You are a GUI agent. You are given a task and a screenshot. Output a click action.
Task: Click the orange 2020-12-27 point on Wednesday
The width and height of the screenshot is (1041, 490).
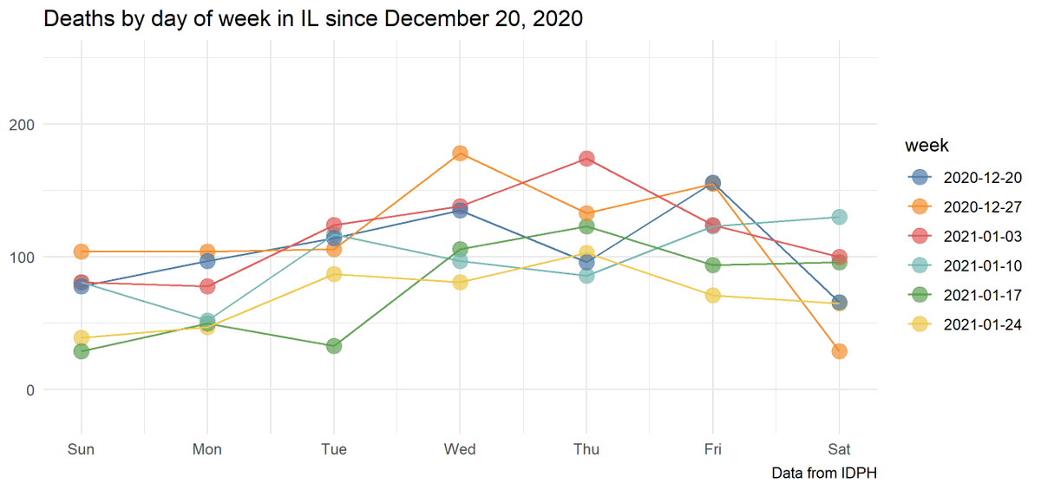point(461,154)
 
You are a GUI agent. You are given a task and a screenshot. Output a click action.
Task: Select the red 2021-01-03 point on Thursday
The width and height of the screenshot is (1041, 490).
point(586,159)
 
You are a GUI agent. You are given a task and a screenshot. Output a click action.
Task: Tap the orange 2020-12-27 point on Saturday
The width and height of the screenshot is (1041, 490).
point(839,351)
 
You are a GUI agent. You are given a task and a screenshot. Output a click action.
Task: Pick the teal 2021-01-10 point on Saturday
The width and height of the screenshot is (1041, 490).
point(839,217)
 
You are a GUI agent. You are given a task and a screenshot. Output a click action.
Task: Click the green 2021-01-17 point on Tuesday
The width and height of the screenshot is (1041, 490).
point(334,346)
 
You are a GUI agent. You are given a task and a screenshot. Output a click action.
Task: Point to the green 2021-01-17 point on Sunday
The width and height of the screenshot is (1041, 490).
point(82,351)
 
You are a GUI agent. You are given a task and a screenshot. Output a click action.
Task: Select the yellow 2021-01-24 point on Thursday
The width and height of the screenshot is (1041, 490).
point(586,253)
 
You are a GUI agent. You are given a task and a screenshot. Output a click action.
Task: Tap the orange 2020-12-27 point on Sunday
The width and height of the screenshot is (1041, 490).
point(82,252)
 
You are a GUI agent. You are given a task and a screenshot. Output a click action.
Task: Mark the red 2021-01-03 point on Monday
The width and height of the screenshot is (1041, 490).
point(207,286)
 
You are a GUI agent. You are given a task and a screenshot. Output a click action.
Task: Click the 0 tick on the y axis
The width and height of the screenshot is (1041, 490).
point(30,389)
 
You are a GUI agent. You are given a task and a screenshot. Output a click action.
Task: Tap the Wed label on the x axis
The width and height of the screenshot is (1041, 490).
point(460,449)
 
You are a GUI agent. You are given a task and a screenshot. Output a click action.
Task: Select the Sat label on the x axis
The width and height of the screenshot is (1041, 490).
point(839,449)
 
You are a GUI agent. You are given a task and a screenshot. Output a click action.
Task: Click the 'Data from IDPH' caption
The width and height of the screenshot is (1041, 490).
point(824,474)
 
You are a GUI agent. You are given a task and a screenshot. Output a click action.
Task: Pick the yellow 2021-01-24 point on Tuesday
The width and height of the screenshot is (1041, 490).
point(334,274)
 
